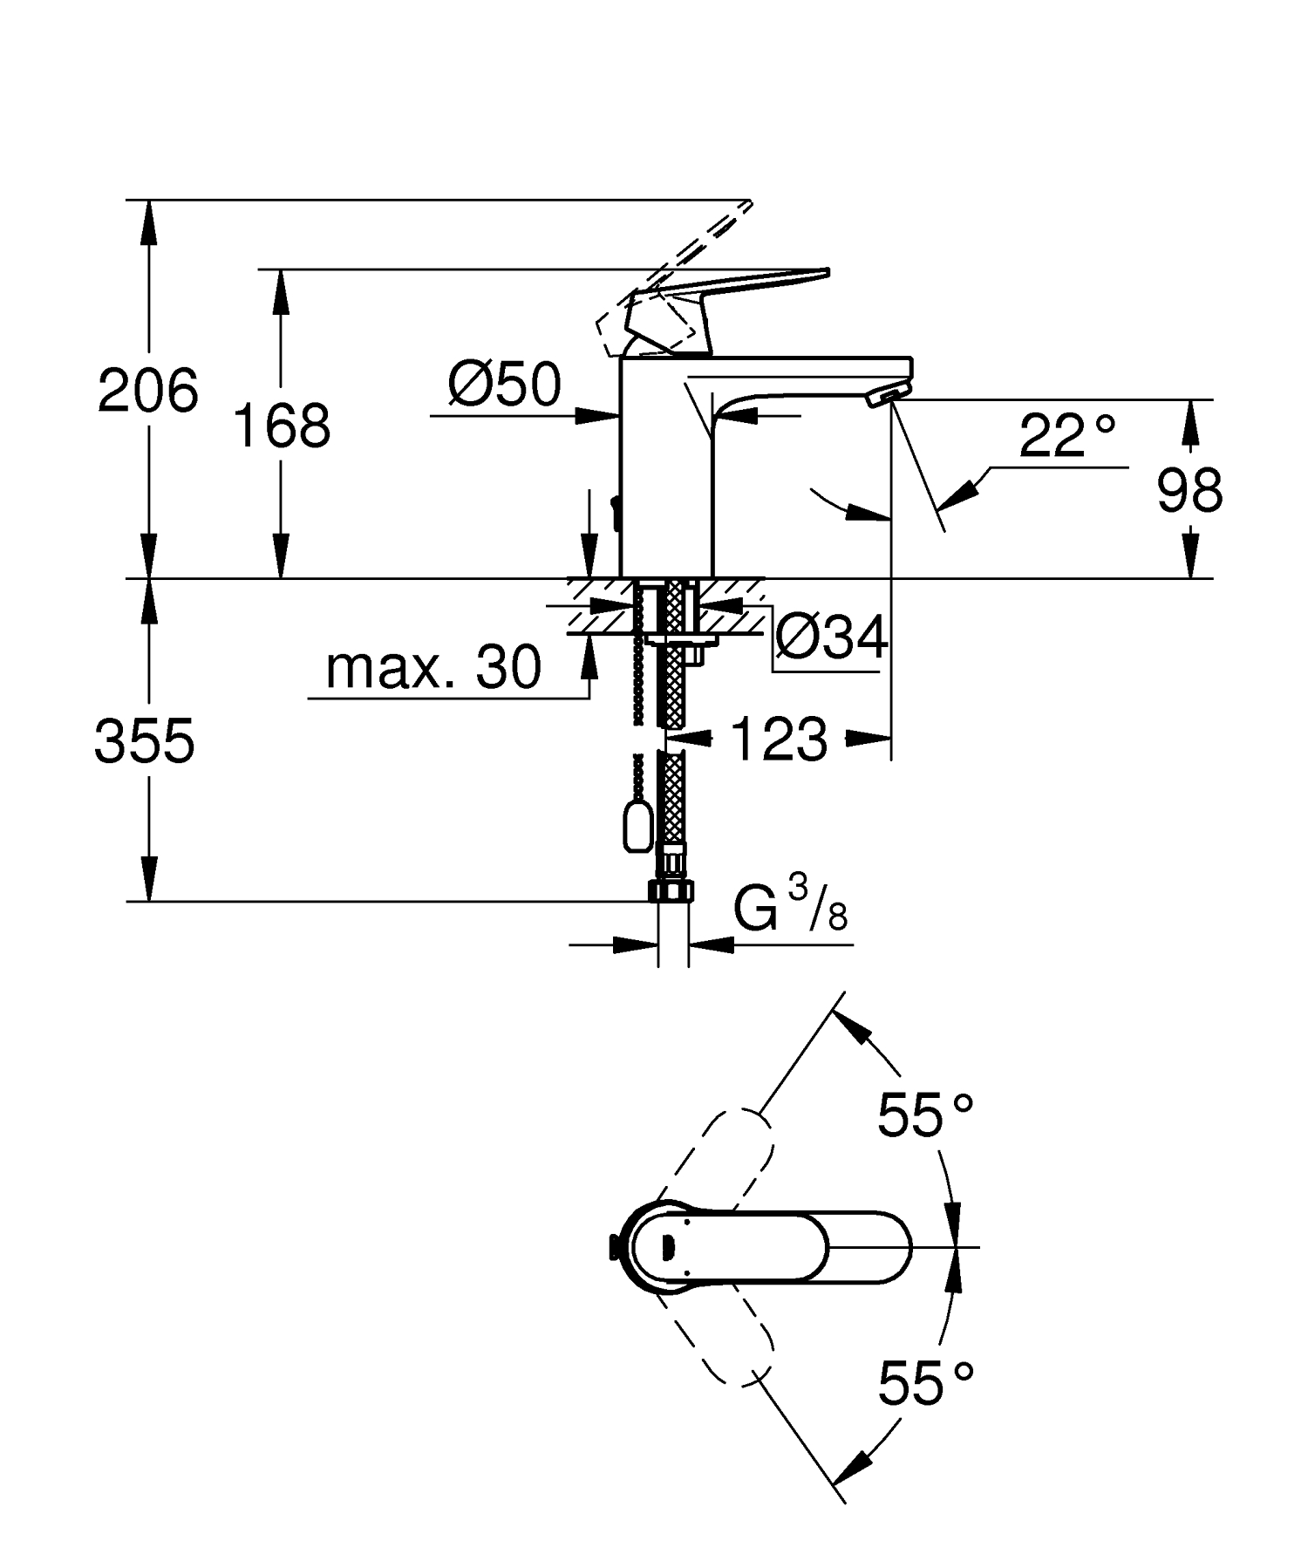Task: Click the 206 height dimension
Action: [x=148, y=391]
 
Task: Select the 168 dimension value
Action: [x=282, y=427]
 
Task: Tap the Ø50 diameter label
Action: [x=505, y=385]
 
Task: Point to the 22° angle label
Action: [x=1067, y=437]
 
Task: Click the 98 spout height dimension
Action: [x=1189, y=491]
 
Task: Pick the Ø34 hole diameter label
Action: [x=831, y=637]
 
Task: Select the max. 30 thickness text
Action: [x=433, y=669]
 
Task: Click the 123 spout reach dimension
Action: [x=779, y=740]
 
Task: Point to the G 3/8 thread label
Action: [x=789, y=910]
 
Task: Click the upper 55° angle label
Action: [x=924, y=1115]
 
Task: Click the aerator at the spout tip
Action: [x=884, y=399]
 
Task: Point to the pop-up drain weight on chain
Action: [x=637, y=827]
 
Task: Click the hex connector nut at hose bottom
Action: [x=671, y=890]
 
